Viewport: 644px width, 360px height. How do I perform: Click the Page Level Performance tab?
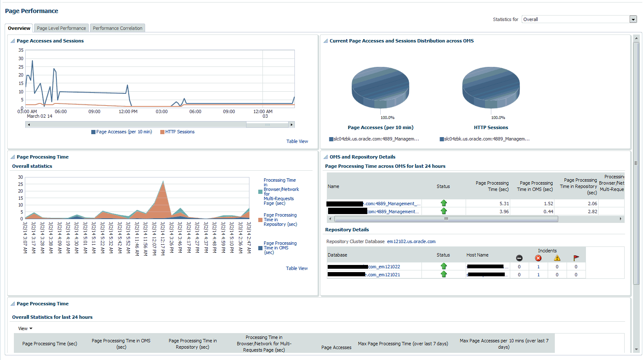61,28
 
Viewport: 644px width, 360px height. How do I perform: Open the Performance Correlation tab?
117,28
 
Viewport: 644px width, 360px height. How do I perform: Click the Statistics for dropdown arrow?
633,19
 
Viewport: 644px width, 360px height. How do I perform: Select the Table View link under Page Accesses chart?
297,141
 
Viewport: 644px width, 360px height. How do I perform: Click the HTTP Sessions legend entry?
180,132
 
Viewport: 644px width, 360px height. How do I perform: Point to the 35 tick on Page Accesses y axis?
21,50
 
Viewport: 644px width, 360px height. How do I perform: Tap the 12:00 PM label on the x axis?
128,112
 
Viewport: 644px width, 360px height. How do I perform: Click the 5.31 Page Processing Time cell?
504,204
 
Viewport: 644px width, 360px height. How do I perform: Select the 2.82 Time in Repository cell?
592,212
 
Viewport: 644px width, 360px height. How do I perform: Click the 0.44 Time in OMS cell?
548,212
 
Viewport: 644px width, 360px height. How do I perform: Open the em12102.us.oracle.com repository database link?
411,241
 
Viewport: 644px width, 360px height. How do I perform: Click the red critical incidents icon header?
538,258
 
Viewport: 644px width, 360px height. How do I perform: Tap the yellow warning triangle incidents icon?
557,258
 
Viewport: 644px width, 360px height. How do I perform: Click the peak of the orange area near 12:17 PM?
163,182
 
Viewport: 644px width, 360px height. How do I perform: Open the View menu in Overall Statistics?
25,328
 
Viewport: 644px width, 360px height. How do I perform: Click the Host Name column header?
477,255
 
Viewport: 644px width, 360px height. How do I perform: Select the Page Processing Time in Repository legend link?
280,220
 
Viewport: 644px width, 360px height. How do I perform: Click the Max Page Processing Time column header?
403,344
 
